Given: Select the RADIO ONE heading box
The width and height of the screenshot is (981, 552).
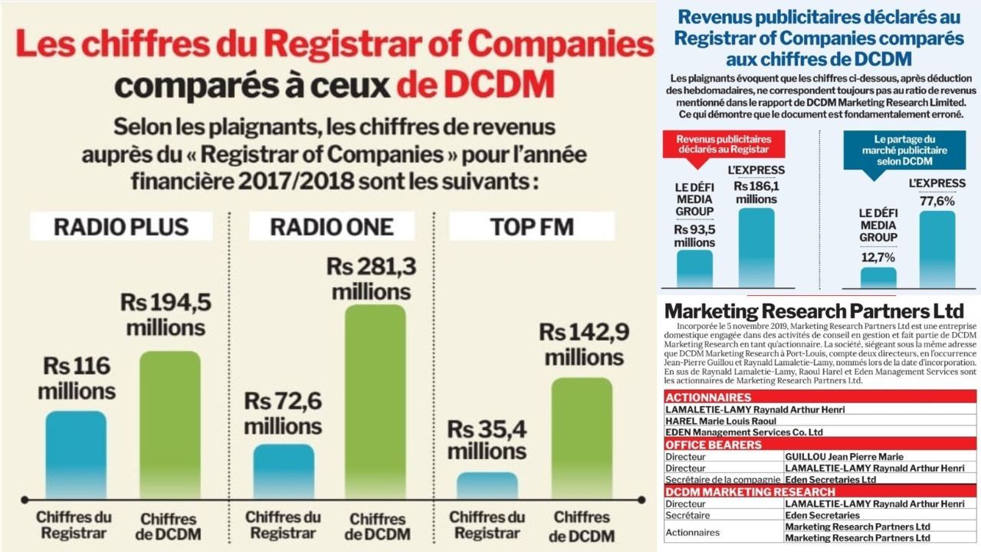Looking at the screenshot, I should tap(332, 226).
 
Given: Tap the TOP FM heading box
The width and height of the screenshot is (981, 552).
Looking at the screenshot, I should tap(531, 226).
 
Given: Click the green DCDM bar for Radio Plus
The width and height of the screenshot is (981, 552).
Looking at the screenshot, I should tap(170, 422).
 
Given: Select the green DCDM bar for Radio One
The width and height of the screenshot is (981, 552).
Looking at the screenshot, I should tap(375, 399).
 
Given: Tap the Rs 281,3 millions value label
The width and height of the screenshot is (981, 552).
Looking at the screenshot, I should tap(369, 278).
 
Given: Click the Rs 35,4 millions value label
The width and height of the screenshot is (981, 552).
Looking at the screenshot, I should tap(487, 440).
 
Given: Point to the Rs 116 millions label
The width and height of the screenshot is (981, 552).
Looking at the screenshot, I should tap(77, 378).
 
